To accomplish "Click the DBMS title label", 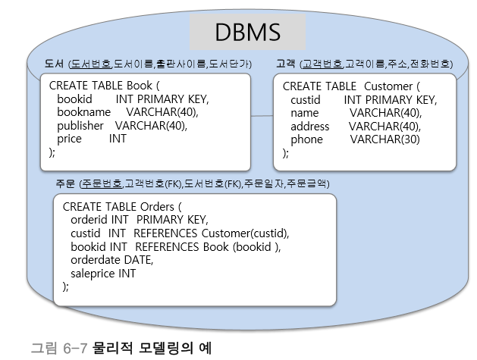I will click(x=247, y=32).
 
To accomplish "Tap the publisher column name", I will click(x=82, y=125).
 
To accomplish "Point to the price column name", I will click(x=69, y=139).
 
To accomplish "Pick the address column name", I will click(x=310, y=126).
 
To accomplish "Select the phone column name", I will click(x=306, y=139).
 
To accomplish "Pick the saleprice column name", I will click(x=93, y=273).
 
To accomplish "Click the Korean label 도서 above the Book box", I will click(x=53, y=64).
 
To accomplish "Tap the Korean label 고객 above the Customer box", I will click(x=286, y=64).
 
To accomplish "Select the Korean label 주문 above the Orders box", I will click(x=65, y=183).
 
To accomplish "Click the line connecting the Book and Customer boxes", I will click(x=262, y=115).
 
